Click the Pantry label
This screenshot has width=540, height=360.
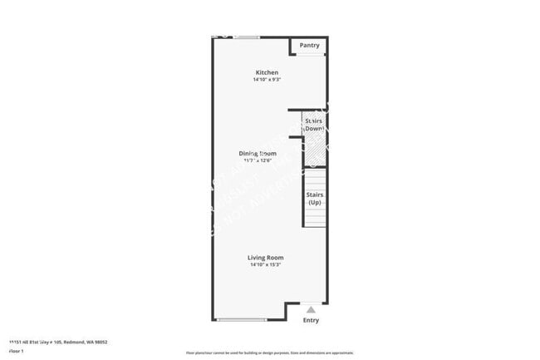pyautogui.click(x=309, y=45)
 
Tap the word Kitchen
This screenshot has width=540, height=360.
pyautogui.click(x=267, y=72)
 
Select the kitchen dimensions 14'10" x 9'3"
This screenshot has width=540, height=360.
pyautogui.click(x=267, y=80)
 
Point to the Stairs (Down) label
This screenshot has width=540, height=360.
pyautogui.click(x=313, y=125)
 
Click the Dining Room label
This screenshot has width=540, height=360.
pyautogui.click(x=258, y=153)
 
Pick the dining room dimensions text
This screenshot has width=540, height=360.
pyautogui.click(x=258, y=160)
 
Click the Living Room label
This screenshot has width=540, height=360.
pyautogui.click(x=265, y=258)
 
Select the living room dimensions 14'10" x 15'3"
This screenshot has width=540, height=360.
pyautogui.click(x=265, y=265)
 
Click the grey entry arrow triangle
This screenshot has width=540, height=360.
pyautogui.click(x=311, y=309)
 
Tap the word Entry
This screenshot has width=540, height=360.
pyautogui.click(x=311, y=320)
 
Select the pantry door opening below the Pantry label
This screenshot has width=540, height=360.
pyautogui.click(x=311, y=55)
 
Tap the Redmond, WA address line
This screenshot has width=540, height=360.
pyautogui.click(x=58, y=342)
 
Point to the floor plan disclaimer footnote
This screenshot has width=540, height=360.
pyautogui.click(x=269, y=353)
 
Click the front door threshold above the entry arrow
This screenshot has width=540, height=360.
pyautogui.click(x=311, y=303)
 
